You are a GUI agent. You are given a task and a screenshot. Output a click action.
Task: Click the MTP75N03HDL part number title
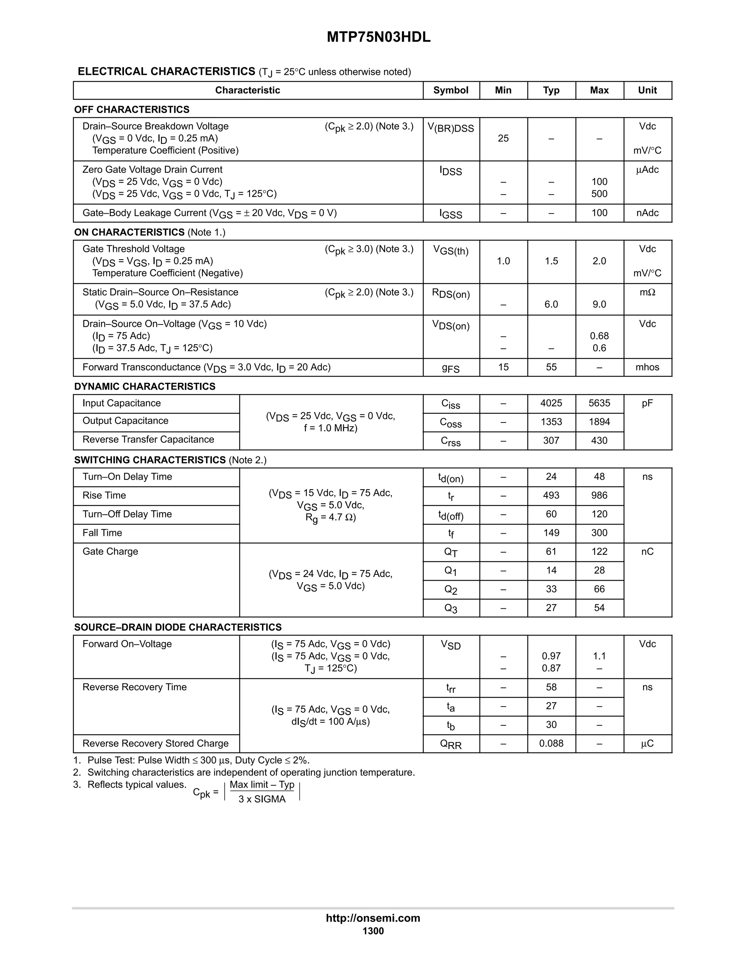click(378, 37)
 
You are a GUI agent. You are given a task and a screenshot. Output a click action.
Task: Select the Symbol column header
click(450, 90)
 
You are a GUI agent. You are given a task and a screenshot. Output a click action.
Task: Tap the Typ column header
click(551, 90)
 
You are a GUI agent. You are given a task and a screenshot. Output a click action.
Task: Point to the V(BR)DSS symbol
click(450, 128)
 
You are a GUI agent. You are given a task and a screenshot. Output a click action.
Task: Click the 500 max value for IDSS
click(599, 194)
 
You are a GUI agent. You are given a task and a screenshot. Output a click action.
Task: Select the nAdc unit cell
click(647, 213)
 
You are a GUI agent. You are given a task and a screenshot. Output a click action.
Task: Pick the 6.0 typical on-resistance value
click(551, 304)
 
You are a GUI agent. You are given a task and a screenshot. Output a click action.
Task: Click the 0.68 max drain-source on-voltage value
click(599, 336)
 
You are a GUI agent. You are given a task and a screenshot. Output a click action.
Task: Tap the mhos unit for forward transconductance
click(647, 367)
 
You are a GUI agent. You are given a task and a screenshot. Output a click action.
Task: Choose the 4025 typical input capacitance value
click(551, 403)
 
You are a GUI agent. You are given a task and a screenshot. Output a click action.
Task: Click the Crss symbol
click(450, 441)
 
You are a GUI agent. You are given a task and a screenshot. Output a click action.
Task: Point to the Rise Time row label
click(104, 495)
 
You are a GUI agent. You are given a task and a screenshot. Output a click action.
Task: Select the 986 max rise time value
click(599, 495)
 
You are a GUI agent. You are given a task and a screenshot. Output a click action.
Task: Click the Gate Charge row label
click(110, 552)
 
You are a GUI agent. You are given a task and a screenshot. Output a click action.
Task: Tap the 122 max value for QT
click(599, 552)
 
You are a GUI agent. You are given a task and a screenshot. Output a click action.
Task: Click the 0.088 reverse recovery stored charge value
click(551, 744)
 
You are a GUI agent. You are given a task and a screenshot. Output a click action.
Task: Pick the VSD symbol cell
click(450, 645)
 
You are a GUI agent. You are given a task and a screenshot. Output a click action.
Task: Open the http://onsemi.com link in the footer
click(373, 918)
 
